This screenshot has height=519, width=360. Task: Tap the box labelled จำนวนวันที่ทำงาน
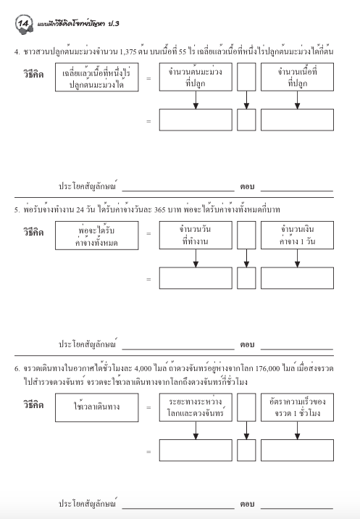[x=195, y=236]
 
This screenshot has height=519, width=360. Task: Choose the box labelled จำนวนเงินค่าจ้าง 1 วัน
[x=297, y=236]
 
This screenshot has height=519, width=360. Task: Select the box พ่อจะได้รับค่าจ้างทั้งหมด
[x=96, y=236]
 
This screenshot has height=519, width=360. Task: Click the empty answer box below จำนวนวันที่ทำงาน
[x=195, y=278]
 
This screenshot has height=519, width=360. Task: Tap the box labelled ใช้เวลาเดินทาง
[x=96, y=408]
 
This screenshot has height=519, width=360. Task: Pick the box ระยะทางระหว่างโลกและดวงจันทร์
[x=195, y=408]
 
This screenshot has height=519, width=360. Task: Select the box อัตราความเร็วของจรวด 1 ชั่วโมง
[x=297, y=408]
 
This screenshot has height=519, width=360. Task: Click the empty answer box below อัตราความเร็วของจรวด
[x=297, y=451]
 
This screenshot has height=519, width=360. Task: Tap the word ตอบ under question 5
[x=248, y=344]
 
